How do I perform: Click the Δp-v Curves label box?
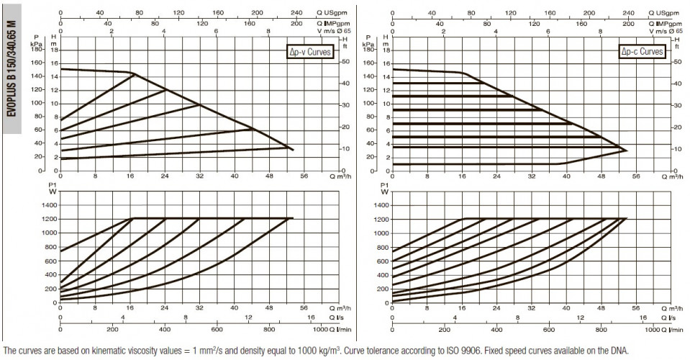pyautogui.click(x=309, y=52)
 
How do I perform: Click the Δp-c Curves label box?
pyautogui.click(x=642, y=52)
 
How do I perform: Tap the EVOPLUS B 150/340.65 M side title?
pyautogui.click(x=12, y=68)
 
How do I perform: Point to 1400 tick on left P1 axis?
pyautogui.click(x=49, y=205)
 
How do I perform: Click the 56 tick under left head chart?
pyautogui.click(x=304, y=176)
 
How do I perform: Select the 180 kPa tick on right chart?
pyautogui.click(x=369, y=49)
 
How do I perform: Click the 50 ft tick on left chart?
pyautogui.click(x=345, y=62)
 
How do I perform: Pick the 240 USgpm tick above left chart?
pyautogui.click(x=296, y=13)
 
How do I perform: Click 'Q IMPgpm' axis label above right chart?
pyautogui.click(x=665, y=24)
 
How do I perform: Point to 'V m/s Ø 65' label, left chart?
pyautogui.click(x=334, y=31)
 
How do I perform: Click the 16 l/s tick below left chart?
pyautogui.click(x=311, y=318)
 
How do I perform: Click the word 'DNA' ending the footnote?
pyautogui.click(x=620, y=351)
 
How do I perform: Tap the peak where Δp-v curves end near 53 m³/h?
pyautogui.click(x=293, y=150)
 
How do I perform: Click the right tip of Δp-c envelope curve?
pyautogui.click(x=627, y=150)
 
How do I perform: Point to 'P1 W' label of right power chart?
pyautogui.click(x=385, y=189)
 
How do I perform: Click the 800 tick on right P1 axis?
pyautogui.click(x=383, y=248)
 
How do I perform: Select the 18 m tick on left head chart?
pyautogui.click(x=54, y=49)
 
